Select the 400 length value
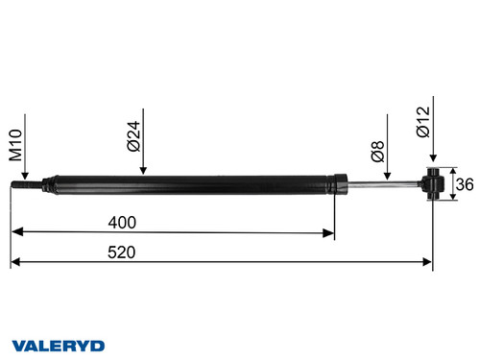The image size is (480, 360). [123, 222]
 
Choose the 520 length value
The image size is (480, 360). [121, 252]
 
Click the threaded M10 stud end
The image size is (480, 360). [23, 185]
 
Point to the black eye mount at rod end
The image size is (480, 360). [433, 185]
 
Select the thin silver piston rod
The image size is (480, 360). [379, 184]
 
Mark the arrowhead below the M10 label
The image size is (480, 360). [23, 176]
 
